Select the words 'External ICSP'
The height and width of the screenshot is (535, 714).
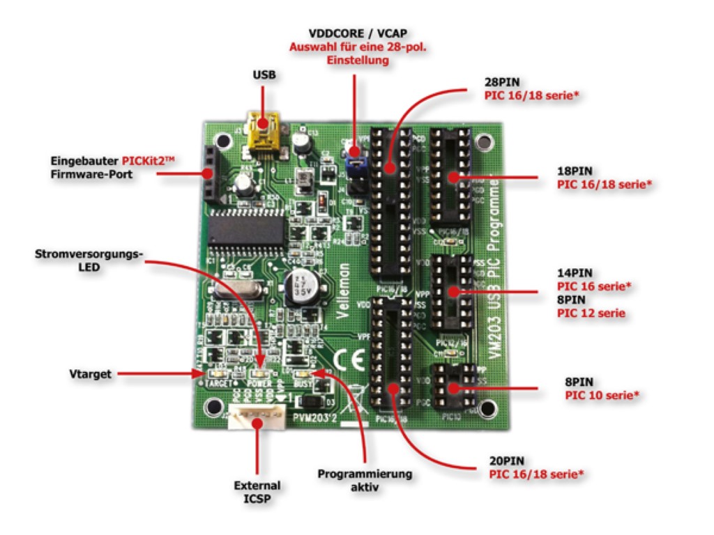[259, 491]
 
